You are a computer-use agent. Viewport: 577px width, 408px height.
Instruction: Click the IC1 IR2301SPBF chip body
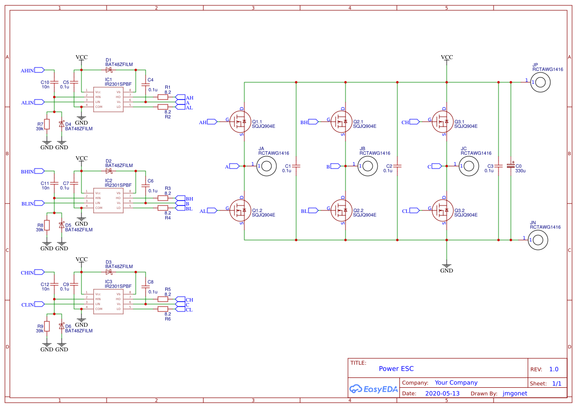[108, 99]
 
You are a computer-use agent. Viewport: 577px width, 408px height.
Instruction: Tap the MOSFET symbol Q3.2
[444, 210]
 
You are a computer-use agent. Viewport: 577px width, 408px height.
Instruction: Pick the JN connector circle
[538, 240]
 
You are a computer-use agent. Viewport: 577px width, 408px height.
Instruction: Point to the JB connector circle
[367, 167]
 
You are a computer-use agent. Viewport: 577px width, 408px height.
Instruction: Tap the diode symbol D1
[109, 70]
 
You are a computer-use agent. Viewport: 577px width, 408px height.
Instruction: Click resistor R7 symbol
[47, 124]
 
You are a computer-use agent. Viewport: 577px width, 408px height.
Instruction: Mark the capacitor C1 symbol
[296, 166]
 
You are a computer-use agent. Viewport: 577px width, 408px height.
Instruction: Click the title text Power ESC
[396, 369]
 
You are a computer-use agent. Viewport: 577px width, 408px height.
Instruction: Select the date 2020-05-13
[442, 394]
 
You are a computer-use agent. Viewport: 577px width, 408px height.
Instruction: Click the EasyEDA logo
[373, 389]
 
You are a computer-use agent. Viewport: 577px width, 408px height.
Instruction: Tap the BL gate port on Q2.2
[310, 211]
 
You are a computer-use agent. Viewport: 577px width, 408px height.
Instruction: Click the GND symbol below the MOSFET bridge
[446, 267]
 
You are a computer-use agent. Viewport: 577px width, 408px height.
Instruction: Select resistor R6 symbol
[163, 309]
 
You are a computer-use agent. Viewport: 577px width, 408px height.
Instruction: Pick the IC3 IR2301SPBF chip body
[108, 301]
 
